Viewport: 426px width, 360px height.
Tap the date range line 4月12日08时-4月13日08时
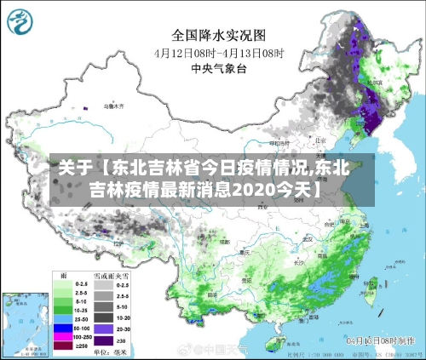(219, 52)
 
